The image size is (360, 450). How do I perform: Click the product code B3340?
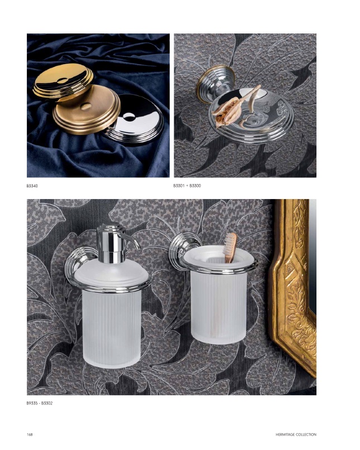click(32, 186)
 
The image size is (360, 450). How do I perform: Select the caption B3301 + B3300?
click(187, 186)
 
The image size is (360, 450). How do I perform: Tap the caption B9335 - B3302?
click(40, 403)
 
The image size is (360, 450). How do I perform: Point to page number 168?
click(30, 434)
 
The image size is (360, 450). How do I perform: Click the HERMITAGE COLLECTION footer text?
click(296, 434)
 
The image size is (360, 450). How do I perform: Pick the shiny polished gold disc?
click(63, 80)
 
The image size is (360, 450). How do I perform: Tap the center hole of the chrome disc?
click(128, 117)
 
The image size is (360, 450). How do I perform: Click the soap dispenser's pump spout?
click(131, 241)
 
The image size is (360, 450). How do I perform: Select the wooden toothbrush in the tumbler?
click(231, 248)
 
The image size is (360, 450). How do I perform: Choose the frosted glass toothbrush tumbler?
click(219, 296)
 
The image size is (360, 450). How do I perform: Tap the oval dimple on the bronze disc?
click(86, 107)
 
